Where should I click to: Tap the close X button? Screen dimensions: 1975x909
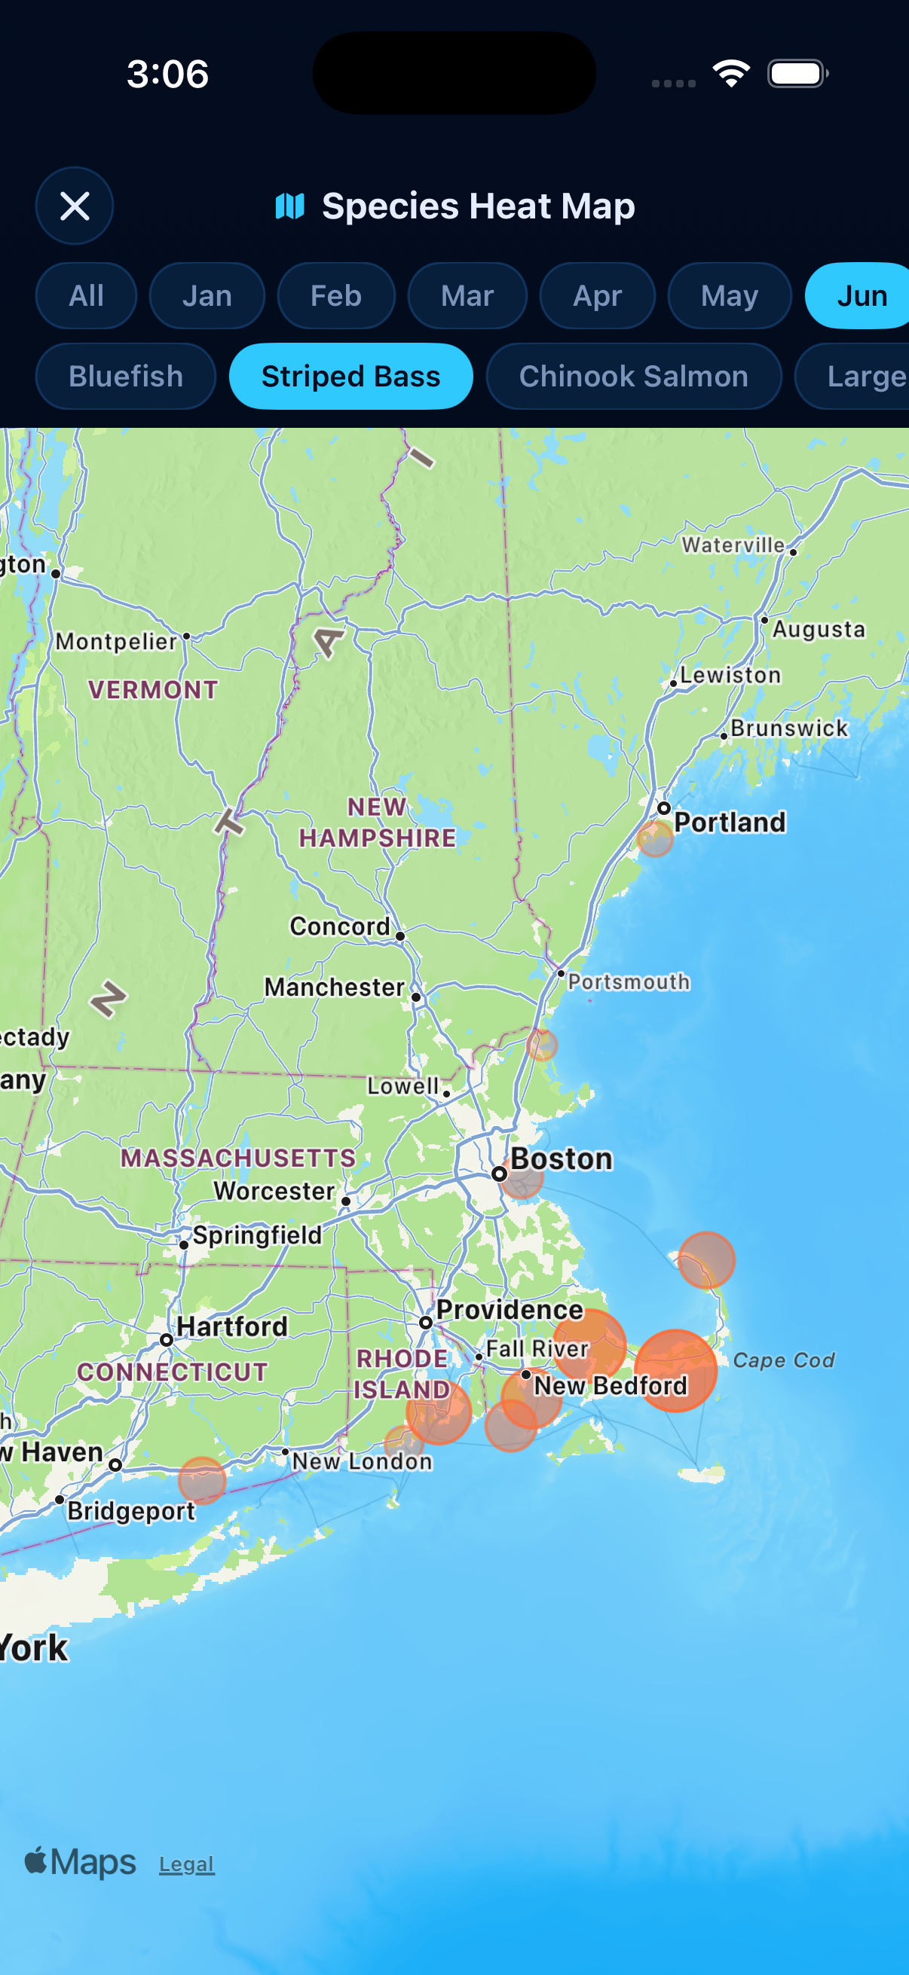tap(75, 206)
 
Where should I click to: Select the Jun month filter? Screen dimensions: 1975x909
tap(860, 296)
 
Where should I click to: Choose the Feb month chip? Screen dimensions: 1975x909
tap(336, 296)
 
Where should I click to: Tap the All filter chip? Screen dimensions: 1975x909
tap(86, 296)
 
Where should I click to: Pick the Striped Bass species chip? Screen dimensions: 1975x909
tap(350, 377)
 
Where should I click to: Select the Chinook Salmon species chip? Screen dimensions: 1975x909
tap(634, 377)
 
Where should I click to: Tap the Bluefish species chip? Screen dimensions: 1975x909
tap(126, 377)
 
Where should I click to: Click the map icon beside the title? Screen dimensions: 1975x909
tap(290, 206)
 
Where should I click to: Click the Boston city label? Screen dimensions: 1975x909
tap(562, 1159)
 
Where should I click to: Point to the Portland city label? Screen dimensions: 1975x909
tap(730, 822)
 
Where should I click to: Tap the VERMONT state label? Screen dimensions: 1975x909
tap(153, 689)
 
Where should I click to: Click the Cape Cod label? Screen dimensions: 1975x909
tap(783, 1360)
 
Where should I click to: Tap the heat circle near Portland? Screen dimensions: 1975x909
tap(655, 839)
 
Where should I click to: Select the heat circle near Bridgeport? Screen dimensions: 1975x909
tap(202, 1479)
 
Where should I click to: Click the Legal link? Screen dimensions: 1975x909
tap(186, 1864)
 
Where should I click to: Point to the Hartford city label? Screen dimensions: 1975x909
tap(231, 1326)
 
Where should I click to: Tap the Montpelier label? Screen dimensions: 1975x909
tap(116, 641)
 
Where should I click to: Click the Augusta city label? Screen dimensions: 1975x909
tap(819, 630)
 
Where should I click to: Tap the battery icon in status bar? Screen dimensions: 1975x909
tap(797, 74)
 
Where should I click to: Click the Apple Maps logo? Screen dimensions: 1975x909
tap(81, 1862)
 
